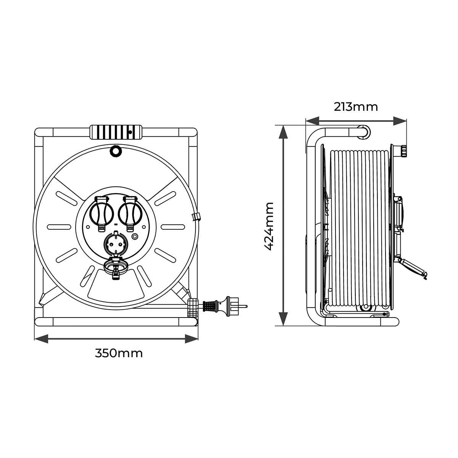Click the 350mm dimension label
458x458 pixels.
pyautogui.click(x=119, y=353)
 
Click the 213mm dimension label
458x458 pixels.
pyautogui.click(x=356, y=107)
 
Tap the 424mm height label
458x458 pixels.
pyautogui.click(x=269, y=226)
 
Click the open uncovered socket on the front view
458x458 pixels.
pyautogui.click(x=116, y=244)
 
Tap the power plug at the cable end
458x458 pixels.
pyautogui.click(x=224, y=306)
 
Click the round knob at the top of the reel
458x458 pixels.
pyautogui.click(x=116, y=151)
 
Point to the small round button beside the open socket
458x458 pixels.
pyautogui.click(x=135, y=237)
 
